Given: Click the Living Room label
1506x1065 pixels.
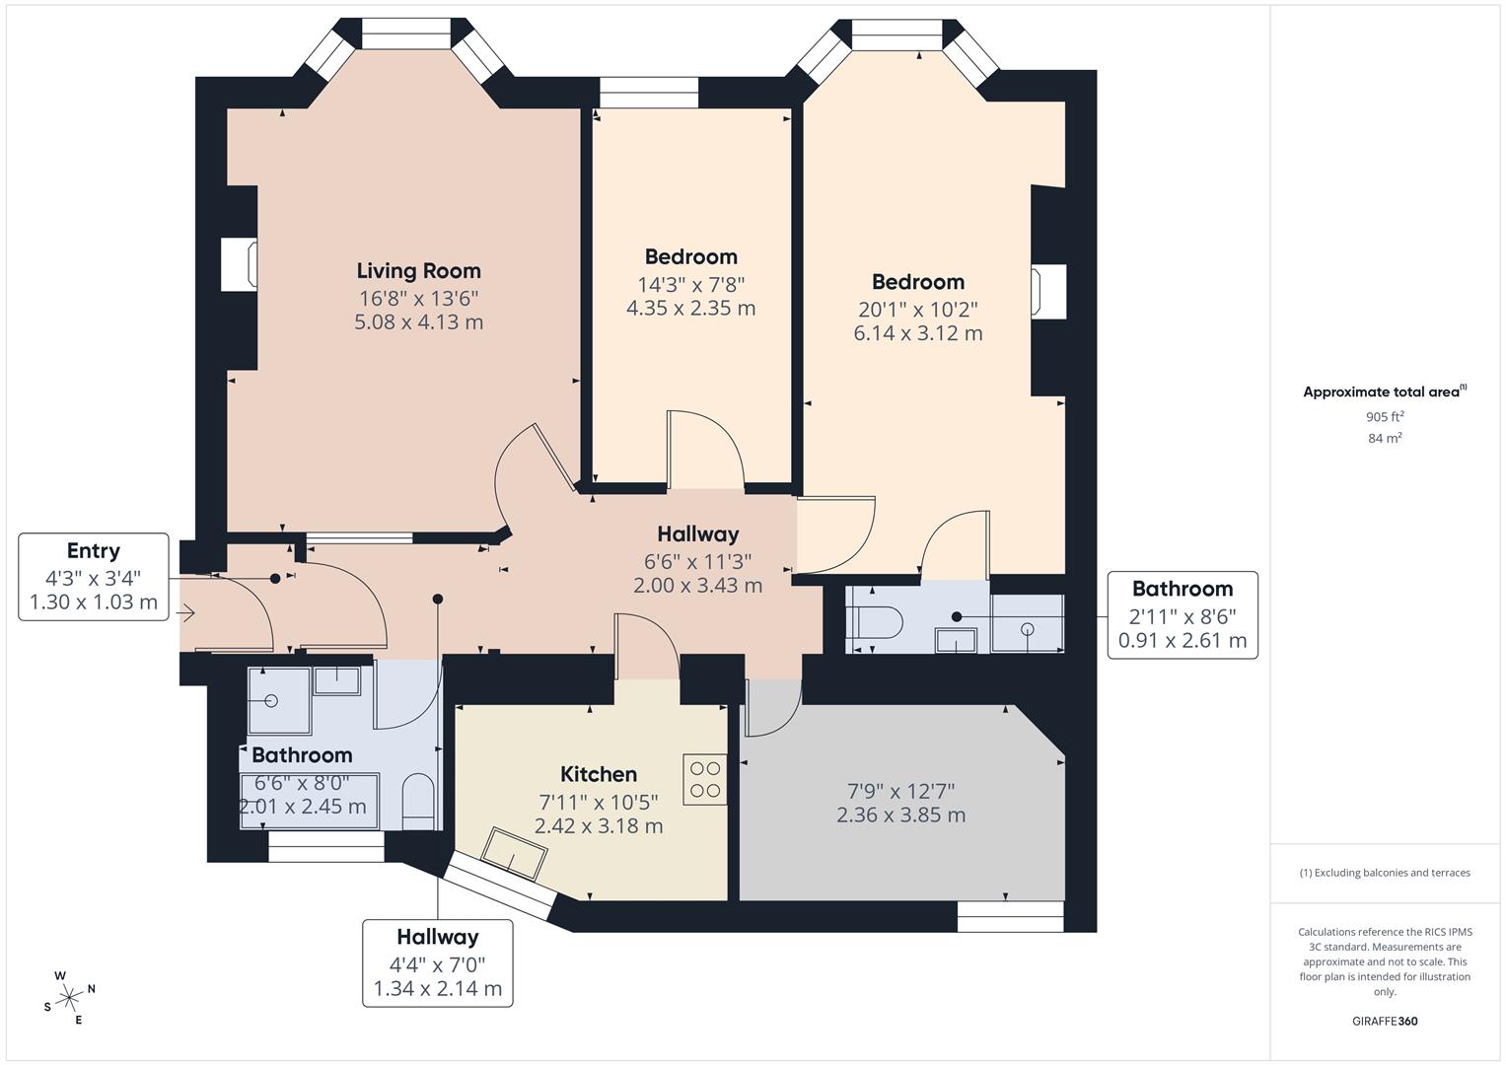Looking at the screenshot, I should tap(418, 270).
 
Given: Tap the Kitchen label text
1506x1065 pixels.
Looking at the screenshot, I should tap(598, 774).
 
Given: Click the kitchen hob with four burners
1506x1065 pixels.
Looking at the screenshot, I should tap(705, 778).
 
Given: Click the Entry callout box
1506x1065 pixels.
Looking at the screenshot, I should tap(94, 577).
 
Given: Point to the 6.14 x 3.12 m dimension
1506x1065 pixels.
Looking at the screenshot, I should tap(917, 333).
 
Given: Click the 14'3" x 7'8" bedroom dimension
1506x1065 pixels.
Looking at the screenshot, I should tap(690, 284).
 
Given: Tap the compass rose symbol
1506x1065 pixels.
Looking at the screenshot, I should tap(69, 997).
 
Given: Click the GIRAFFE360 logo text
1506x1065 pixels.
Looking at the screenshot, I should tap(1384, 1022).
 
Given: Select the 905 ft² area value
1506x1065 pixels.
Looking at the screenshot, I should tap(1385, 417).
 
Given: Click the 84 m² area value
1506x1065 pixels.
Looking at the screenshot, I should tap(1385, 439).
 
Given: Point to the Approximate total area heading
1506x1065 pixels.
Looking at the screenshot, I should tap(1384, 391).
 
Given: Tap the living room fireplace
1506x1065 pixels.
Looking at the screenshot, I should tap(240, 264).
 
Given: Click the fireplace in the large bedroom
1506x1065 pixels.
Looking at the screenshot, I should tap(1047, 293).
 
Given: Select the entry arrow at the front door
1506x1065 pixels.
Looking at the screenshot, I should tap(186, 613).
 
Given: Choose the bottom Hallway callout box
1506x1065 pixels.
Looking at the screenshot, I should tap(437, 962).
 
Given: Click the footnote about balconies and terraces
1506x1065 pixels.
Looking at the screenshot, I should tap(1384, 873).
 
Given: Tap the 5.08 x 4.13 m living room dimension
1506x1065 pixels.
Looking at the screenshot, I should tap(418, 322).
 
